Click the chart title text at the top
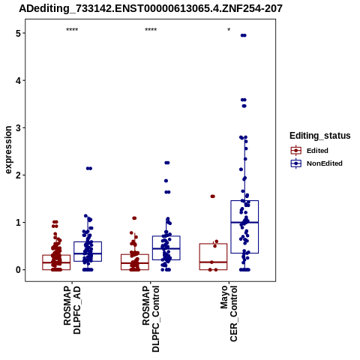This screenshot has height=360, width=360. click(151, 9)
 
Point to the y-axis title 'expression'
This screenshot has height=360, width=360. click(8, 150)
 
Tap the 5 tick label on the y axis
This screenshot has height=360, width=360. click(19, 33)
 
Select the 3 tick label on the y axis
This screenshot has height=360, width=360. click(19, 127)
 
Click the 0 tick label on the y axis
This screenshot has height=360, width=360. click(19, 270)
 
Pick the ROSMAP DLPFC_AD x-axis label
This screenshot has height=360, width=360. click(72, 310)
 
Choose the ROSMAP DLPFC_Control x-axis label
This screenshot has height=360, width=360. click(151, 319)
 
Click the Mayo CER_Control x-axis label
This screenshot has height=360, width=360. click(229, 313)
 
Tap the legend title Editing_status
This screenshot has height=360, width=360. click(320, 136)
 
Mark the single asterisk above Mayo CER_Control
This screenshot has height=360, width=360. click(229, 30)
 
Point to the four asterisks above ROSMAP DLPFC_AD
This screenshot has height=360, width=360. click(72, 30)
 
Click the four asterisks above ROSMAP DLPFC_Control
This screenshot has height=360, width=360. click(151, 30)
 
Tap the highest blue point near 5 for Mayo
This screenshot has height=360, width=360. click(244, 35)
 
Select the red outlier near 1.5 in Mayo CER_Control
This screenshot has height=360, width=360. click(212, 196)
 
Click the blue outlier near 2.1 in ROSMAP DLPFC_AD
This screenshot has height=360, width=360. click(89, 169)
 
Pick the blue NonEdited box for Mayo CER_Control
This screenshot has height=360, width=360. click(244, 226)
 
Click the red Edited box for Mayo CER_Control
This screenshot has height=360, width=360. click(213, 256)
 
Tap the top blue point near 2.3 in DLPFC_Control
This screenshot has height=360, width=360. click(167, 163)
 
